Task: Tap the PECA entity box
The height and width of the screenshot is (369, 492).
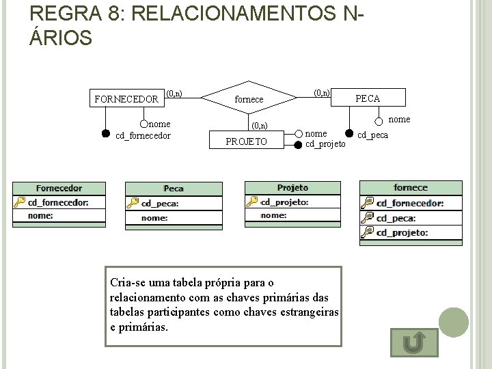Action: click(368, 98)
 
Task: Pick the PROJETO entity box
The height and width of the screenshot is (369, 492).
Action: click(246, 141)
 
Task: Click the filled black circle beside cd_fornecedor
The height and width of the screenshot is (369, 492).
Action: click(106, 133)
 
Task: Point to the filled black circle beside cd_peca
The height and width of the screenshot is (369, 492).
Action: click(348, 133)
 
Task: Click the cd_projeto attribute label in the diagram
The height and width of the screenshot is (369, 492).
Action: click(325, 143)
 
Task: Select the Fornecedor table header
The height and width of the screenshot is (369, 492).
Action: click(59, 189)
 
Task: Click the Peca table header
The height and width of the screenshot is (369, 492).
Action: click(174, 189)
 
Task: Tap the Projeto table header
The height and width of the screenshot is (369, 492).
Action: click(292, 188)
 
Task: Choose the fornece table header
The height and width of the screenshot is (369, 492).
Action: click(411, 187)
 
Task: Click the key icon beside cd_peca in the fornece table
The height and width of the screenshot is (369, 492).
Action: click(368, 217)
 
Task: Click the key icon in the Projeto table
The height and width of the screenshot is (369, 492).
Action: click(252, 202)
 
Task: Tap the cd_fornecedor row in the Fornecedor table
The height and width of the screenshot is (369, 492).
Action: click(58, 202)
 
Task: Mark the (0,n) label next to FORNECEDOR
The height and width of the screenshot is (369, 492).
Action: click(174, 93)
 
